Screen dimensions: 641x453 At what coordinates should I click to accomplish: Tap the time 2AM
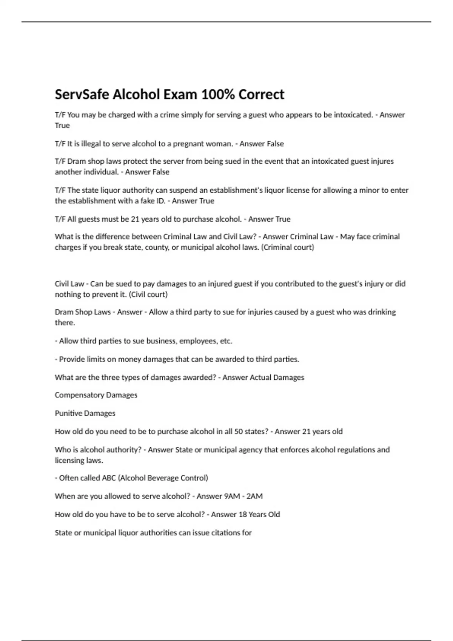[x=254, y=496]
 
